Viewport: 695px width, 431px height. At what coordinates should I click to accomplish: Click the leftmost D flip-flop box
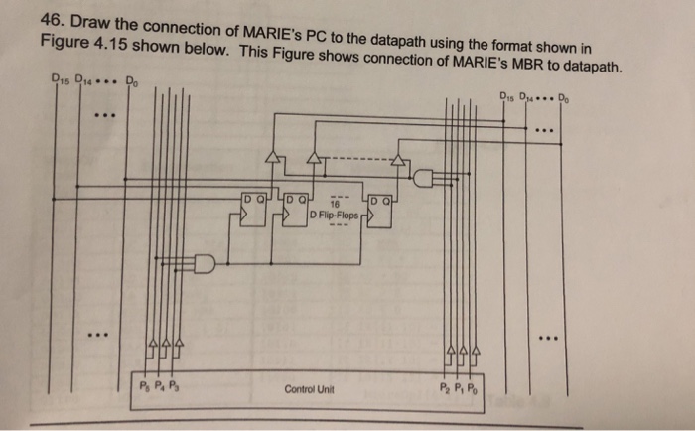click(254, 212)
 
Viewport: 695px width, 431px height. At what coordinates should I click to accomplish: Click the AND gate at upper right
click(424, 179)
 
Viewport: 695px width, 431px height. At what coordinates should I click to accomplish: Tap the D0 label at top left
click(131, 82)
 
